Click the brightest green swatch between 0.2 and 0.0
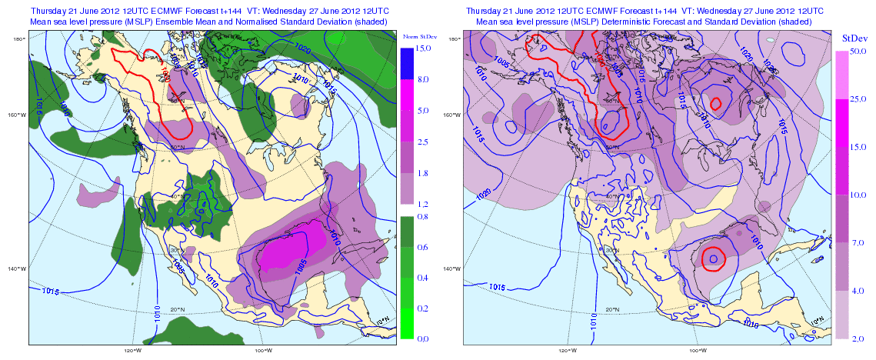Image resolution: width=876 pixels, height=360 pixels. click(x=407, y=323)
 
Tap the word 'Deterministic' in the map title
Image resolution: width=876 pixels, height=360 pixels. click(x=651, y=23)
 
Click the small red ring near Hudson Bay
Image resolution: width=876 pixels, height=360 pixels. click(x=716, y=103)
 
